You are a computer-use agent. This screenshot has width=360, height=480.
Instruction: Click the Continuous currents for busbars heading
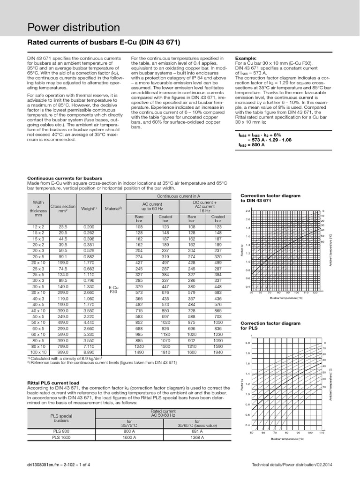(64, 178)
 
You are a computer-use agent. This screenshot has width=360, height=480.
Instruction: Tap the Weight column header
(89, 208)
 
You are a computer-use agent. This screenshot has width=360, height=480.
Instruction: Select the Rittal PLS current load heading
(52, 383)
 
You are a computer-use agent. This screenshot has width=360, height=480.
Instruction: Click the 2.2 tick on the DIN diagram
(248, 211)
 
